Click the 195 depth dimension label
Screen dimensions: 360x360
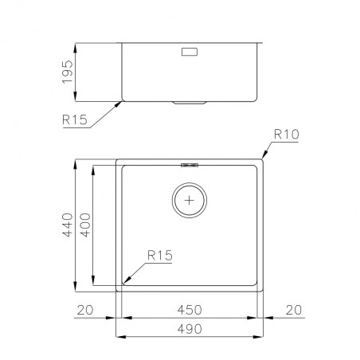coord(67,72)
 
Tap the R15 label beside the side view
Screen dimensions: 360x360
coord(75,119)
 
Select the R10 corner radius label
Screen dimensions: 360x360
coord(287,135)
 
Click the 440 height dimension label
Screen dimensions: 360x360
coord(67,225)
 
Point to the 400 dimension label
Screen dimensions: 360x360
coord(85,225)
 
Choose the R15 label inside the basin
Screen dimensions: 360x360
coord(160,256)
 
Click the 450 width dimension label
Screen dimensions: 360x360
coord(190,310)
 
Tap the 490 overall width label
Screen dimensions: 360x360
coord(190,329)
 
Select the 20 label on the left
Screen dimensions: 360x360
coord(85,310)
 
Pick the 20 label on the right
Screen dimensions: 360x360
coord(294,310)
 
